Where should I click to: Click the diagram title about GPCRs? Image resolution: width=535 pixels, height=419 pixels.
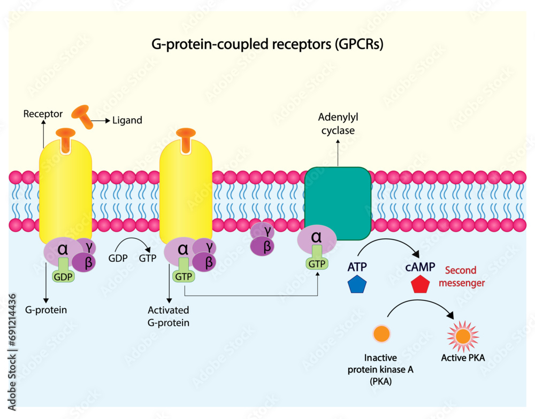[267, 45]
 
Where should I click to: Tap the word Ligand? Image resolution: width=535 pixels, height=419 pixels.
[127, 121]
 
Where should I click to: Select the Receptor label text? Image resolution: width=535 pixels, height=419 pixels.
[43, 114]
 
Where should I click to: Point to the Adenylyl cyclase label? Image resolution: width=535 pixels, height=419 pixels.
[337, 123]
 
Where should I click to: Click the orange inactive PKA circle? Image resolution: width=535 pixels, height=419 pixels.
[381, 334]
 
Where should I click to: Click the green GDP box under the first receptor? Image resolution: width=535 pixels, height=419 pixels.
[63, 277]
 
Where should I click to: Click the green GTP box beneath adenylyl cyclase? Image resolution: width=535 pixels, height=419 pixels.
[317, 263]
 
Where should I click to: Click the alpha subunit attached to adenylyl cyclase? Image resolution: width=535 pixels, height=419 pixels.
[317, 238]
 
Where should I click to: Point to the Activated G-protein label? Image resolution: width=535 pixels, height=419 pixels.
[169, 316]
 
